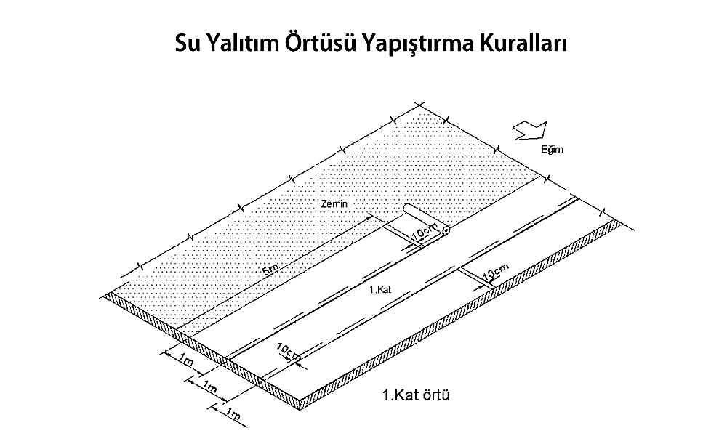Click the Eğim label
552,149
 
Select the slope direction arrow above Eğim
531,130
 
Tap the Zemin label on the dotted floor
334,203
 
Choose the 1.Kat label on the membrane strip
380,290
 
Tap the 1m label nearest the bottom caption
233,413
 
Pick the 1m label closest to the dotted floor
186,360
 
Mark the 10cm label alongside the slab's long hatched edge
495,272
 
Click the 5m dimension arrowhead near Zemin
369,216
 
